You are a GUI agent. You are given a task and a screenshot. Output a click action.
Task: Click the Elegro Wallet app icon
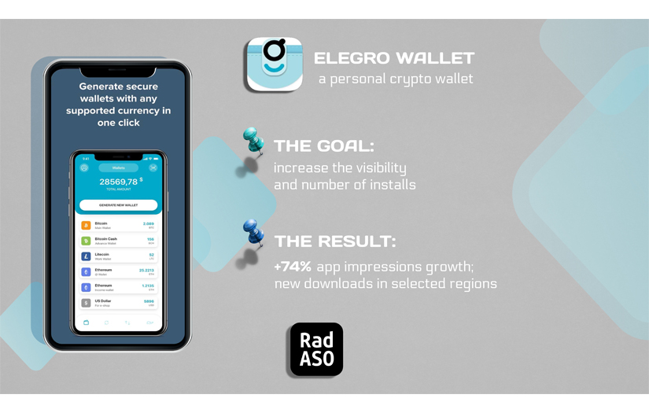[274, 65]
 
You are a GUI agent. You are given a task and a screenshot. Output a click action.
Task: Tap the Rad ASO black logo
[315, 349]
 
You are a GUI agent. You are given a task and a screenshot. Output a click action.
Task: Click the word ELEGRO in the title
[351, 59]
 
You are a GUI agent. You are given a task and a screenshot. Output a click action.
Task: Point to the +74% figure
[293, 267]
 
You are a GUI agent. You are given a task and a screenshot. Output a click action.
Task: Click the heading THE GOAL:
[323, 146]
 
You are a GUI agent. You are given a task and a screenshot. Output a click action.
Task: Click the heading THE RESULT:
[335, 241]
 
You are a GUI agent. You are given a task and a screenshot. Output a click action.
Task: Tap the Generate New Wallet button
[118, 205]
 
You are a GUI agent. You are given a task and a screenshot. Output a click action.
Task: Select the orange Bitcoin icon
[86, 226]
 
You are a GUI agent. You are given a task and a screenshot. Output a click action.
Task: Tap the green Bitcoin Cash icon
[86, 241]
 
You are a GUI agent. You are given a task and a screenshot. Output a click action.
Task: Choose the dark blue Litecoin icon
[86, 256]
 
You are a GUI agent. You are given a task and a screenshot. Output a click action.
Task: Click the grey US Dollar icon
[86, 303]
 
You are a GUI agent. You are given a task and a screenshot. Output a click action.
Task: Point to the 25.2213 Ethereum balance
[146, 270]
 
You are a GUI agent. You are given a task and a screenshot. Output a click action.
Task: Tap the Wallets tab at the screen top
[118, 168]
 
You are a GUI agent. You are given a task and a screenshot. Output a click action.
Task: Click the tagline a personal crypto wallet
[396, 79]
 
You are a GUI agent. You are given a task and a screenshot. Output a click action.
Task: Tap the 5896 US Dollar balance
[149, 301]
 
